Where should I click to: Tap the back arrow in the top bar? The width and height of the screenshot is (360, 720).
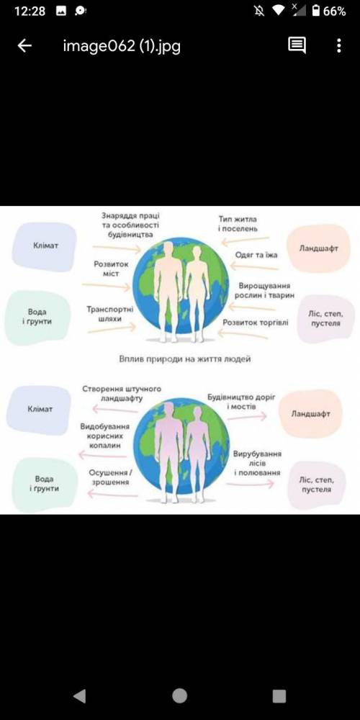pyautogui.click(x=24, y=45)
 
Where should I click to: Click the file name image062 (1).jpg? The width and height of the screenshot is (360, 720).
pyautogui.click(x=122, y=46)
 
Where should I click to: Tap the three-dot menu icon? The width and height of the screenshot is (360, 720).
pyautogui.click(x=339, y=45)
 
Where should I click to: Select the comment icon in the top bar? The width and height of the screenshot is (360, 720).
pyautogui.click(x=297, y=45)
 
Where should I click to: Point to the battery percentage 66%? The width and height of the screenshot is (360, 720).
pyautogui.click(x=334, y=12)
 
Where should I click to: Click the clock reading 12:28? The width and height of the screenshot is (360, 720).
pyautogui.click(x=30, y=12)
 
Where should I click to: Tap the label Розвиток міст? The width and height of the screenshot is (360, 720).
pyautogui.click(x=111, y=269)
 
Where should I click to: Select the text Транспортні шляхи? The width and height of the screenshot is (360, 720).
pyautogui.click(x=109, y=314)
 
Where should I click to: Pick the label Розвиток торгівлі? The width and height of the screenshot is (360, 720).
pyautogui.click(x=256, y=323)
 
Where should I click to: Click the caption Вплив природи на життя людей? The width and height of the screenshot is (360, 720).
pyautogui.click(x=185, y=359)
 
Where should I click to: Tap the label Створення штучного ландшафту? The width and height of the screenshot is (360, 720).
pyautogui.click(x=122, y=394)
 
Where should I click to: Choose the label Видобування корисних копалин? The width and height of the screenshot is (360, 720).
pyautogui.click(x=104, y=436)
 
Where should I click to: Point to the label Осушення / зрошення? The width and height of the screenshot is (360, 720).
pyautogui.click(x=110, y=477)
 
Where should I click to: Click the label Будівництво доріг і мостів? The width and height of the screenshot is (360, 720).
pyautogui.click(x=241, y=401)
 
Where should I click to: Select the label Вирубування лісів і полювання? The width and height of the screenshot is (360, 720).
pyautogui.click(x=257, y=463)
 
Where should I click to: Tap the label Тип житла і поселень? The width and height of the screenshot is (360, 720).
pyautogui.click(x=238, y=224)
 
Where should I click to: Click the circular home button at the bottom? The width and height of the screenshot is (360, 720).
pyautogui.click(x=179, y=696)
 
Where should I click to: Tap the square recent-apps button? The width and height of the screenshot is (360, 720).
pyautogui.click(x=279, y=696)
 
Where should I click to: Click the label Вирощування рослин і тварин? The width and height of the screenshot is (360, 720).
pyautogui.click(x=264, y=290)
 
